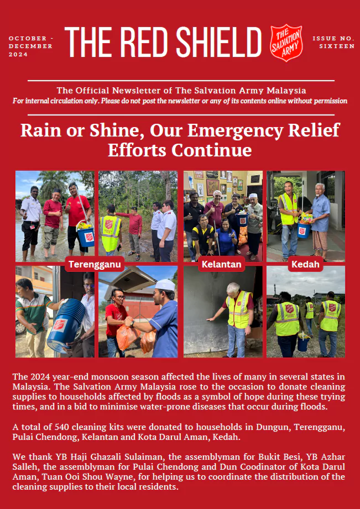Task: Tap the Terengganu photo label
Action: pyautogui.click(x=94, y=265)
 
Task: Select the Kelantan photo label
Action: pyautogui.click(x=221, y=265)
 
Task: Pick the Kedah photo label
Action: pyautogui.click(x=306, y=265)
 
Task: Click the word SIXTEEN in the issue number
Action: pyautogui.click(x=337, y=46)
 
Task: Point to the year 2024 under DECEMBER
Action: pyautogui.click(x=18, y=54)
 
